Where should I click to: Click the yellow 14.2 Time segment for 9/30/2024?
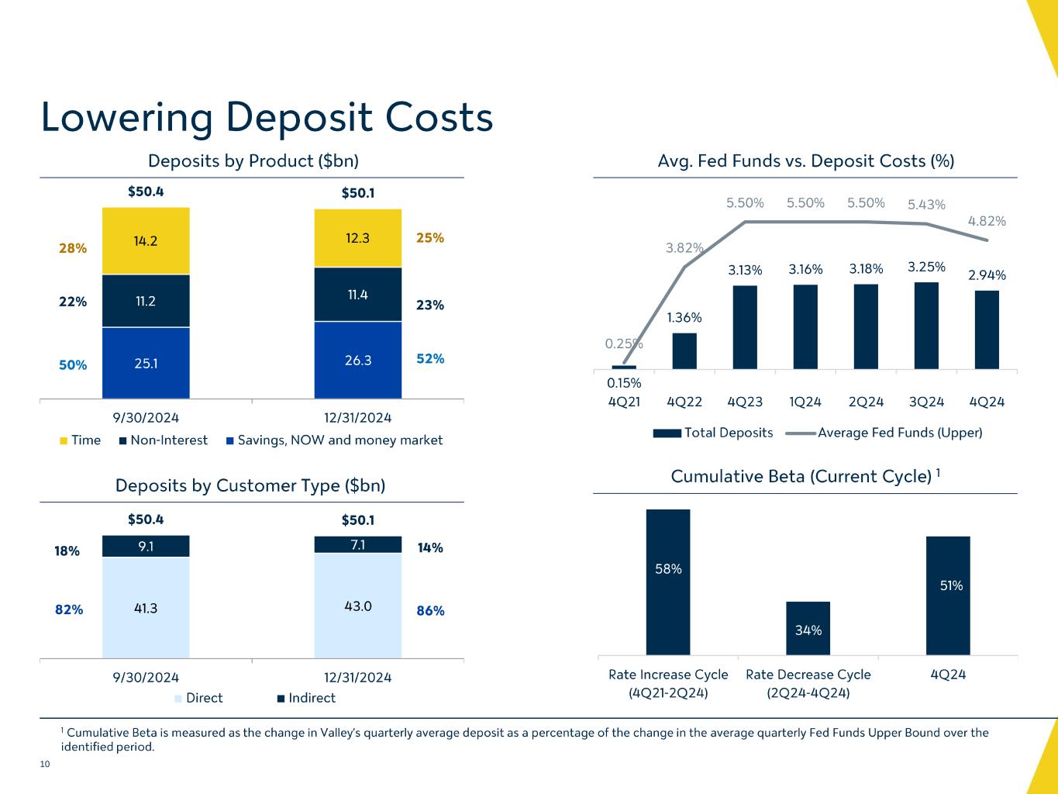[x=145, y=240]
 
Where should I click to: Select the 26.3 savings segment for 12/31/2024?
[x=357, y=360]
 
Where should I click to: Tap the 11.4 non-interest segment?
[x=357, y=295]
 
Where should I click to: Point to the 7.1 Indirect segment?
[x=357, y=544]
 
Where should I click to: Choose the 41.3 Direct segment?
[x=145, y=608]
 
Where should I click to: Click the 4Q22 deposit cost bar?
[x=684, y=350]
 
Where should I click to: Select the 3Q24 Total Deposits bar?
[x=926, y=326]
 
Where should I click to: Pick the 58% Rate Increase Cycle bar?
[x=668, y=582]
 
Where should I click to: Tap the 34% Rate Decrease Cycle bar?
[x=808, y=628]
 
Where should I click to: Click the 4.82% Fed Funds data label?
[x=987, y=221]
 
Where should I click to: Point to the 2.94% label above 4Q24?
[x=987, y=275]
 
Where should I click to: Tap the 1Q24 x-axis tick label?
[x=805, y=402]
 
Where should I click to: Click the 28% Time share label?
[x=73, y=248]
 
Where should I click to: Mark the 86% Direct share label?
[x=430, y=610]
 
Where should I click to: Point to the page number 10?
[x=44, y=765]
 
